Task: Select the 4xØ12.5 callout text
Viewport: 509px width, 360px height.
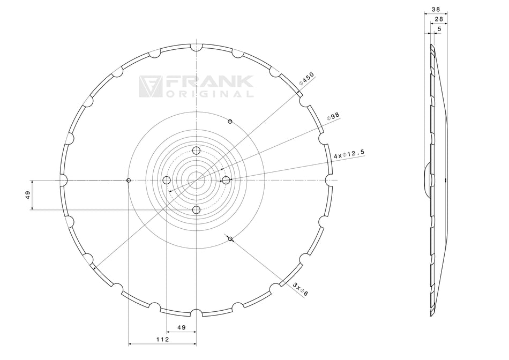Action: tap(349, 154)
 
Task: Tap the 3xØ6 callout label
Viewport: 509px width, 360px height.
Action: tap(300, 289)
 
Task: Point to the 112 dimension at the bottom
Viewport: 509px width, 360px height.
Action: tap(162, 339)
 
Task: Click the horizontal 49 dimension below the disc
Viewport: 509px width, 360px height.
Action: tap(181, 327)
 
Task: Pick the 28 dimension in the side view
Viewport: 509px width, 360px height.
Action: tap(438, 19)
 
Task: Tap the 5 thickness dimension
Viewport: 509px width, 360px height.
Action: tap(439, 28)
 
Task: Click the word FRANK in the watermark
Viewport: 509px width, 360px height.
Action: tap(209, 82)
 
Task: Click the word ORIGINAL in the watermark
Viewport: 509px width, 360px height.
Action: tap(209, 94)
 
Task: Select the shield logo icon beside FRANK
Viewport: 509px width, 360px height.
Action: tap(150, 86)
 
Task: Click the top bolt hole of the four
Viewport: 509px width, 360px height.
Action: tap(196, 150)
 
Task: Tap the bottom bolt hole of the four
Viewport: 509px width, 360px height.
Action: tap(196, 210)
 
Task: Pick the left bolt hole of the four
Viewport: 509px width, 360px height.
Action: tap(166, 180)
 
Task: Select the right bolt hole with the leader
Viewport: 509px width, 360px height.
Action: tap(226, 180)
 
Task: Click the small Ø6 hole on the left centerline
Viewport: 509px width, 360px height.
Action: tap(128, 180)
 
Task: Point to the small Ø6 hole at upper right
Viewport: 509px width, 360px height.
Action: tap(230, 122)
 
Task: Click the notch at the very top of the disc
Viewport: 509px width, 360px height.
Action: tap(196, 47)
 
